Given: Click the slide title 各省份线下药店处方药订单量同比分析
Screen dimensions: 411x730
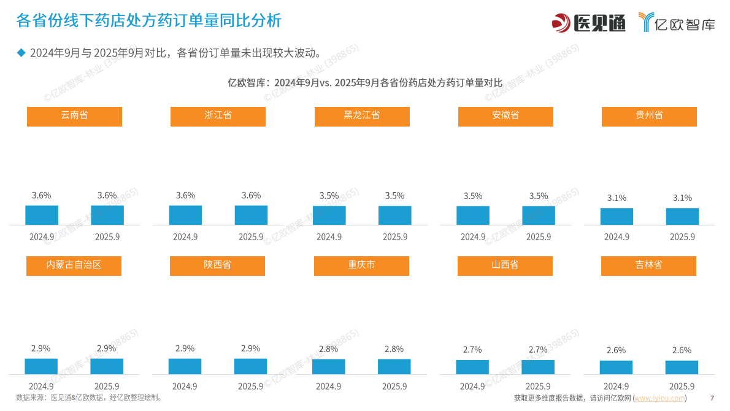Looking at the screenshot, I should coord(148,21).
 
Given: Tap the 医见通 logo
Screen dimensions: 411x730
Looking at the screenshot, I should coord(588,23).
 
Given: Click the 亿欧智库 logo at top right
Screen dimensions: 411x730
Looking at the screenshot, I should coord(676,23).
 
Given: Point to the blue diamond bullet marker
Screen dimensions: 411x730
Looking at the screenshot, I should coord(21,52).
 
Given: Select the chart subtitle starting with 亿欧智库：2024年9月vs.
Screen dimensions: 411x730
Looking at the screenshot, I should coord(364,82).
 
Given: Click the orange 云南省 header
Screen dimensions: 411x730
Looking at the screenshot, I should coord(74,116).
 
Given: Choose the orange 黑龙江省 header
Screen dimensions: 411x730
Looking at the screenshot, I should coord(362,116).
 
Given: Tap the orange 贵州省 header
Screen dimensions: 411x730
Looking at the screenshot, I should coord(649,116).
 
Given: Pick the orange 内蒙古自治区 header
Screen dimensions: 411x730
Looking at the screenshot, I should coord(74,265).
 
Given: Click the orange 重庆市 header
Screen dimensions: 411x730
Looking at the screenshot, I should coord(361,265).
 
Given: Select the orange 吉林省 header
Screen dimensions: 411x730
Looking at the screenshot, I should coord(648,265).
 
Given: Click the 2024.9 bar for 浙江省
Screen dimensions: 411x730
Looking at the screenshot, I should coord(185,215).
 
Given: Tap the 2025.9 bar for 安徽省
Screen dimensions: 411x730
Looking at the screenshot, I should coord(539,215).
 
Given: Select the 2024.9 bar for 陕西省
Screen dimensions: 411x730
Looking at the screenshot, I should coord(185,366).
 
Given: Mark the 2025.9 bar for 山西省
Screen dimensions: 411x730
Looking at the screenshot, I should coord(538,367).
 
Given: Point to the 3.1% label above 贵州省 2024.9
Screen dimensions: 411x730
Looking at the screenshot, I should coord(617,198).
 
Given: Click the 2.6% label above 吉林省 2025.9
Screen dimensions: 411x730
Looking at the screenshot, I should coord(682,350).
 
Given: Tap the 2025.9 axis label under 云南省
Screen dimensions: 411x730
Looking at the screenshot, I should coord(107,237).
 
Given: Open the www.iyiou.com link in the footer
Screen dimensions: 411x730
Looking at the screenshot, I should coord(659,398).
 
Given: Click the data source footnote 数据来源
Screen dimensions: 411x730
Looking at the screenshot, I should coord(90,397).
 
